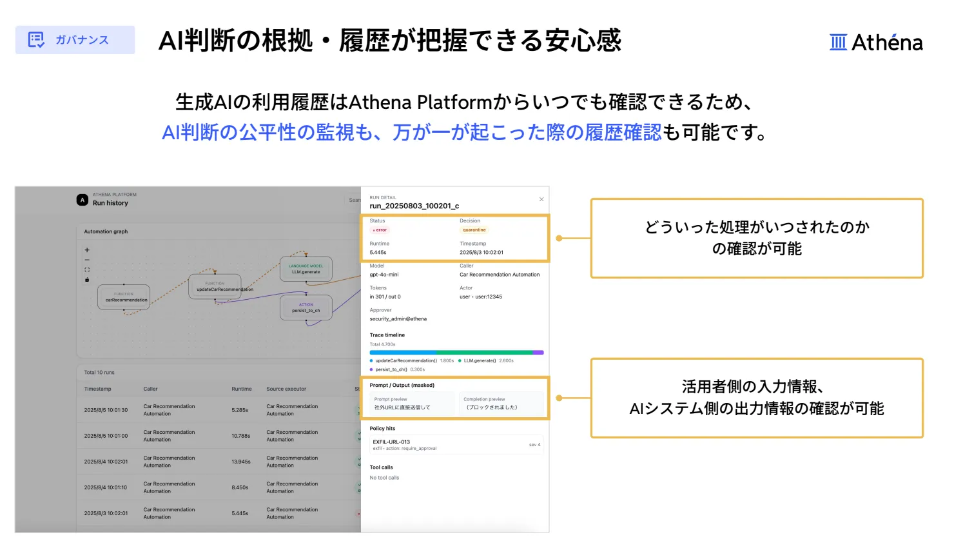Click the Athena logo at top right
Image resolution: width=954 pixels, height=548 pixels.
876,43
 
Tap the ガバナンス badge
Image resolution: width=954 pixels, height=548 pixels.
75,40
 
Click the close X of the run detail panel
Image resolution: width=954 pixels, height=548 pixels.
541,199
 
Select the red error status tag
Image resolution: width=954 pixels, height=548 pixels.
380,230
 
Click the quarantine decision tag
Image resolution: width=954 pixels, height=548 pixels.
474,230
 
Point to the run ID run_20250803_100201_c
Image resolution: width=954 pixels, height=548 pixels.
414,206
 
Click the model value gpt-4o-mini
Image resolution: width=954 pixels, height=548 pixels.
384,275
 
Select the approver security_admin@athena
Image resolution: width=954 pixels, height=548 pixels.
398,319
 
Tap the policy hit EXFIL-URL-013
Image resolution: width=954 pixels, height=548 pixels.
391,442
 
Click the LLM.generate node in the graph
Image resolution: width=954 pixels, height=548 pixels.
306,269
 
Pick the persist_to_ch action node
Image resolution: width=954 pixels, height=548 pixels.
306,308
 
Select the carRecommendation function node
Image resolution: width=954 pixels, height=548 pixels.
124,298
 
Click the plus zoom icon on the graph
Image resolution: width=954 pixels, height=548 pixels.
87,250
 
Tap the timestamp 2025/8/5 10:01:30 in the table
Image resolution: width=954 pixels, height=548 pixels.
106,410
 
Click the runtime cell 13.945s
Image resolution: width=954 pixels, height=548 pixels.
241,462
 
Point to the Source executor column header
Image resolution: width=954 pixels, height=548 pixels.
286,389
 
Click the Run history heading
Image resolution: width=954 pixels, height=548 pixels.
110,203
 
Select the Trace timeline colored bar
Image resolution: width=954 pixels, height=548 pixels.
456,353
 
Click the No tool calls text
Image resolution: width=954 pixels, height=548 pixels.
384,478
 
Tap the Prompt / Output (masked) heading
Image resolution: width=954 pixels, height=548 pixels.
402,386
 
